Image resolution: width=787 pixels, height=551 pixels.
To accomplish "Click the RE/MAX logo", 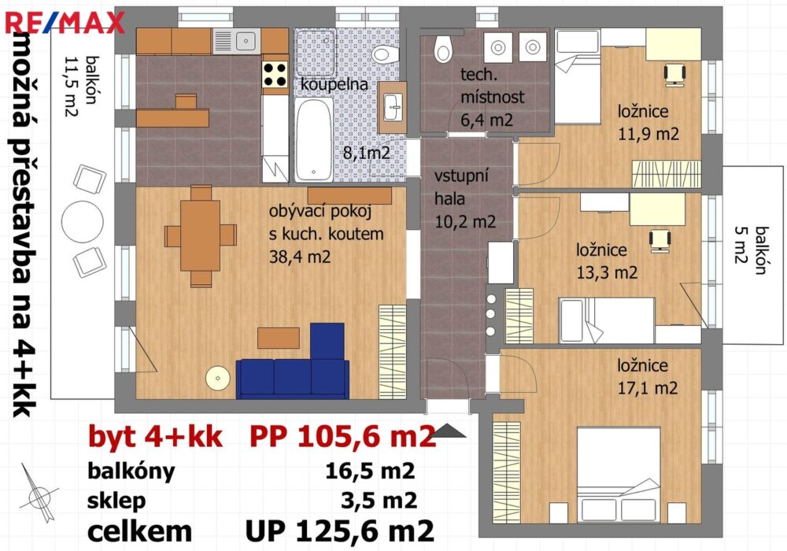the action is coord(65,23).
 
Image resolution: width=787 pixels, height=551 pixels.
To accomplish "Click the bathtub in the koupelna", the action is coord(314,139).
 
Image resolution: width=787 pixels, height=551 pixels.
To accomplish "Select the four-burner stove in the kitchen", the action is coord(275,74).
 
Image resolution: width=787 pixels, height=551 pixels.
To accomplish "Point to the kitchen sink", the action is coord(237,41).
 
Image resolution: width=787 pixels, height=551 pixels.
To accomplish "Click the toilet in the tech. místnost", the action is coord(443,49).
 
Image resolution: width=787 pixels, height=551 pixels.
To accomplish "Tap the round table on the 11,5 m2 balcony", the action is coord(83,221).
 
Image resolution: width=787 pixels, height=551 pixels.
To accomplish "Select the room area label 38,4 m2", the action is coord(300,257).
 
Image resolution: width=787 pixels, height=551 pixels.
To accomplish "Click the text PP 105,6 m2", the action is coord(342,436).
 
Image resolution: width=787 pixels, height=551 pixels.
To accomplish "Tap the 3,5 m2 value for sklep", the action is coord(379,500).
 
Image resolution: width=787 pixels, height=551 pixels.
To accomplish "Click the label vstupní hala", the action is coord(460,187).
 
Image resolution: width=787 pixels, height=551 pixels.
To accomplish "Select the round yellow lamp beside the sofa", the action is coord(218,378).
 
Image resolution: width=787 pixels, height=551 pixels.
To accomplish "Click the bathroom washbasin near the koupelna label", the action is coord(393,107).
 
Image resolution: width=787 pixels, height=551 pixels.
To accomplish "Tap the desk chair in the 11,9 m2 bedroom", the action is coord(675,74).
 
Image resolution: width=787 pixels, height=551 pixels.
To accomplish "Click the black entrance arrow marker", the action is coord(449,431).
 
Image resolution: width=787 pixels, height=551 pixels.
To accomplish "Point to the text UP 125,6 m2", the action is coord(340,531).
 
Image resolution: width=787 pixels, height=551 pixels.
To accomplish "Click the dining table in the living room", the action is coord(200,235).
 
